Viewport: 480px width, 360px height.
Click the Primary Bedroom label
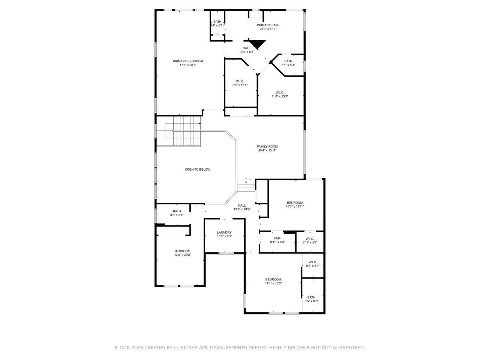coord(187,61)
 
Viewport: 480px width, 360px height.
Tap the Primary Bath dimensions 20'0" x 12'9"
coord(268,29)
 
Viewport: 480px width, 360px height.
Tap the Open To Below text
coord(198,169)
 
